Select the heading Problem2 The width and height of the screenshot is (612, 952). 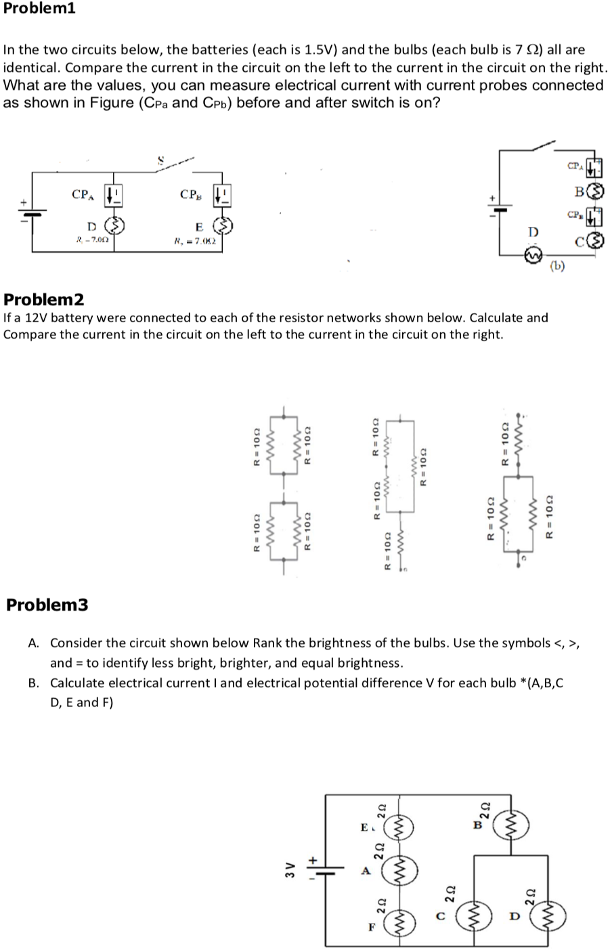click(x=45, y=299)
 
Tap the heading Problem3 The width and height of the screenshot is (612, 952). click(x=47, y=605)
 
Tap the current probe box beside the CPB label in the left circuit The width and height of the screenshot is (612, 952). click(x=223, y=196)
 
